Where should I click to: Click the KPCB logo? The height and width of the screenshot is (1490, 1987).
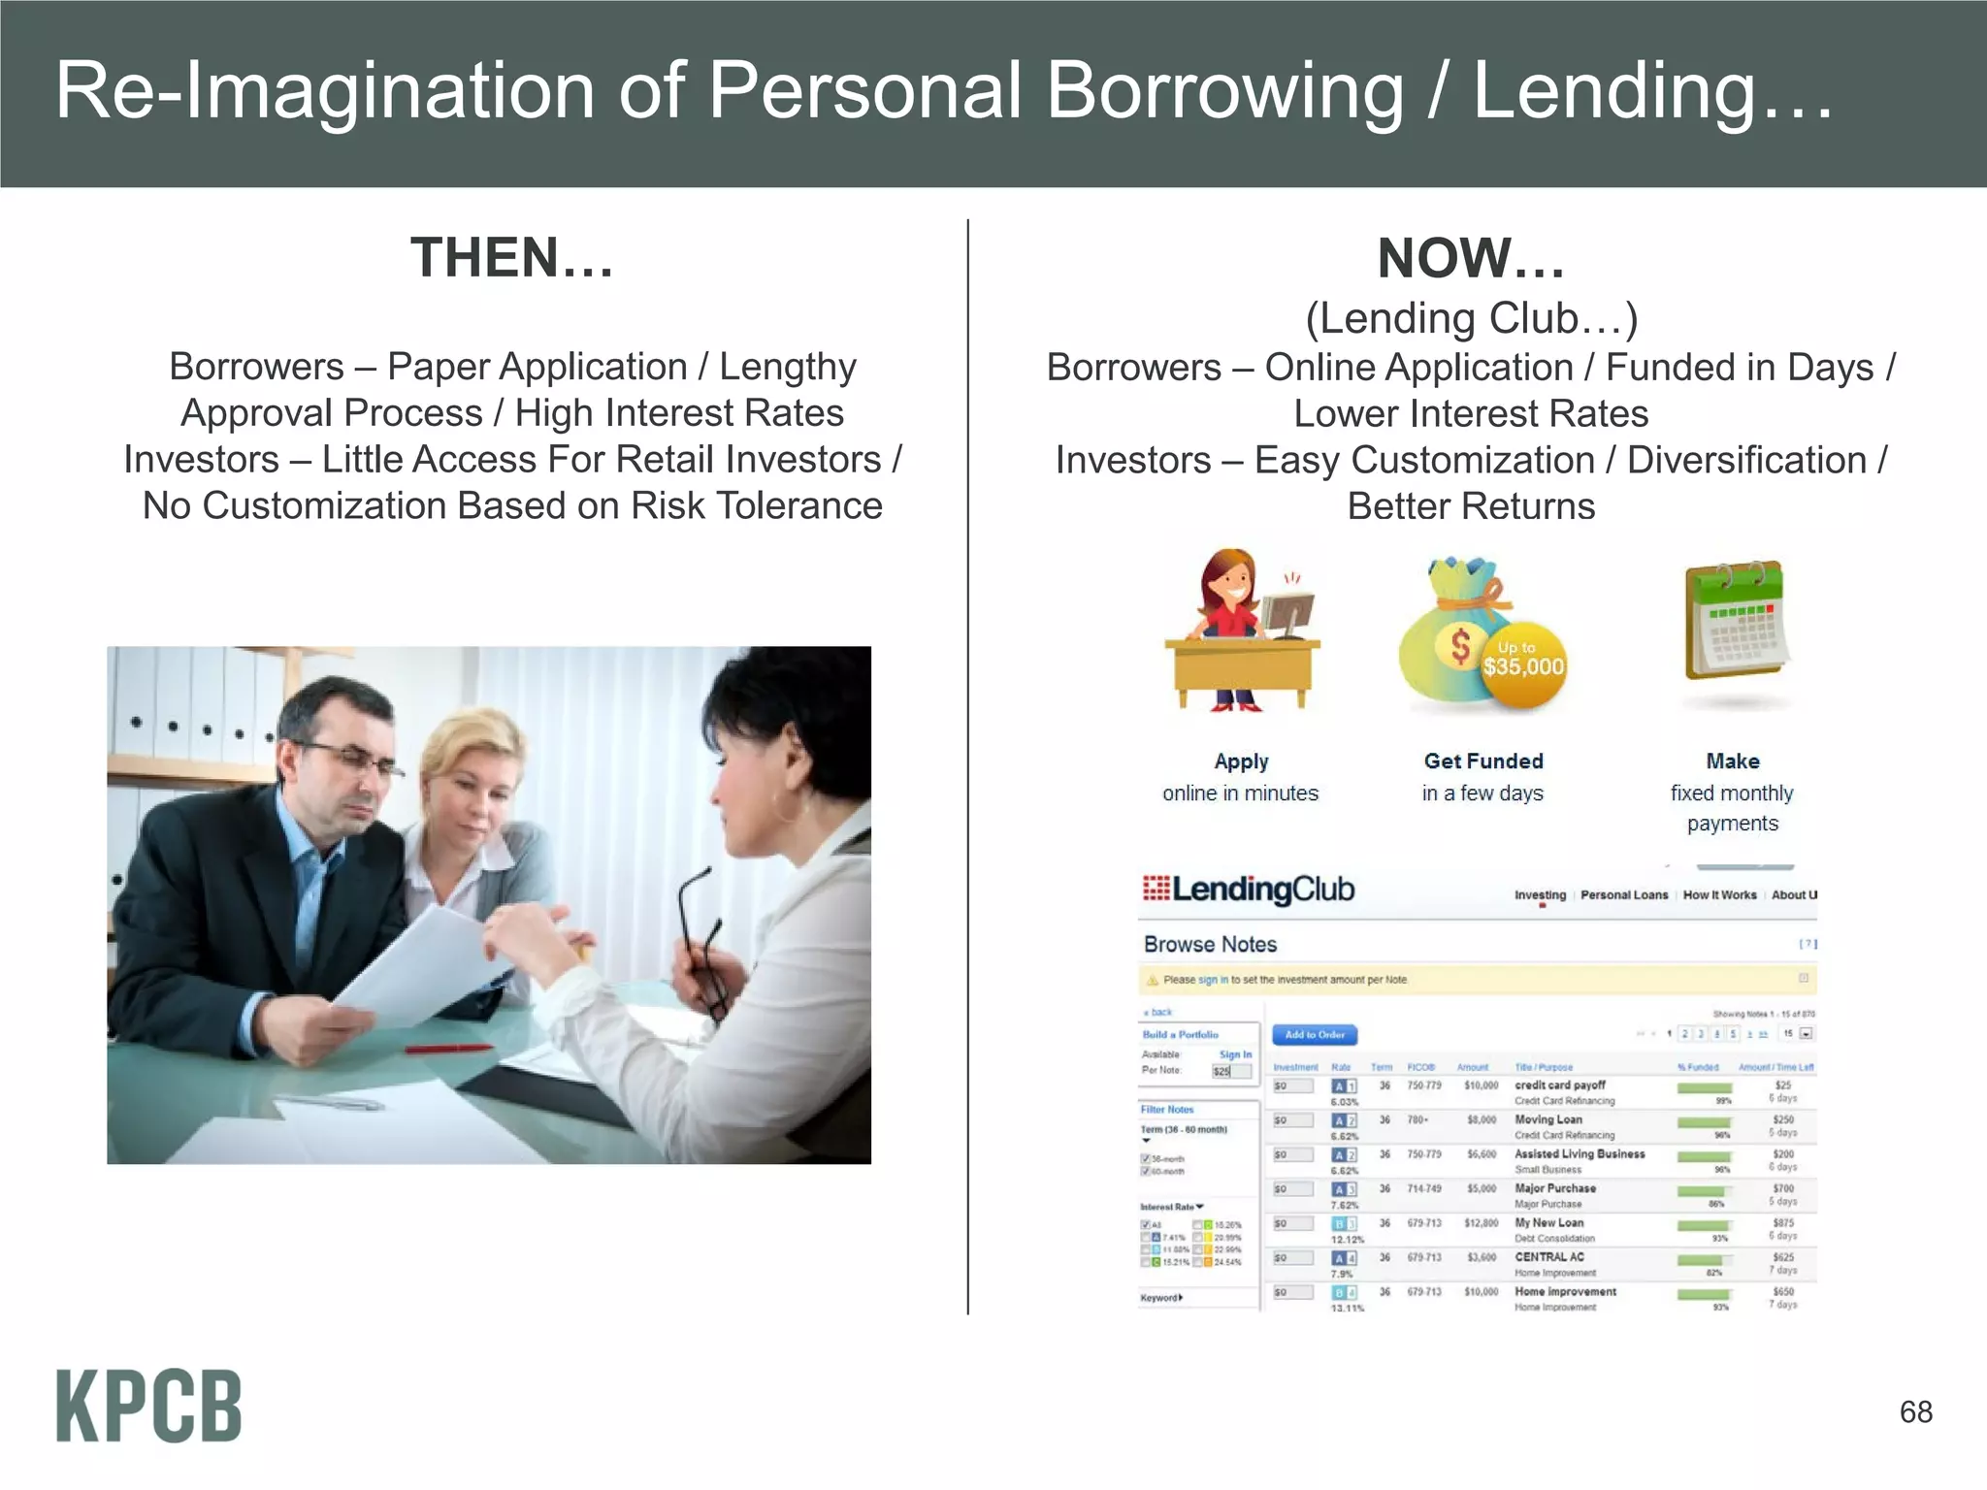148,1406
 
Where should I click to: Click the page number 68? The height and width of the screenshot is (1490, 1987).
1915,1411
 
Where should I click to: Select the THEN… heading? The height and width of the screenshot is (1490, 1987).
512,258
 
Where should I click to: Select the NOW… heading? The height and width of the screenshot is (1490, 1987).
1471,259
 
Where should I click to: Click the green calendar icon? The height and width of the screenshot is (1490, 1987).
1736,621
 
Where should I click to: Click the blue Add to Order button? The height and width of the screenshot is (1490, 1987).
1315,1035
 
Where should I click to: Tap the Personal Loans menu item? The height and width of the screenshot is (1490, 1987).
1624,894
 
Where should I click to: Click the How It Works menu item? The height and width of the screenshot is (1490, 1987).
1719,894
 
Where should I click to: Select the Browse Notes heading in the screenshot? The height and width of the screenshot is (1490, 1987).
1210,944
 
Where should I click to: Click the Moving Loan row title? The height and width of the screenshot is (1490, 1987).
1548,1119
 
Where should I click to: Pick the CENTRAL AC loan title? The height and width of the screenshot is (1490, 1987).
1549,1257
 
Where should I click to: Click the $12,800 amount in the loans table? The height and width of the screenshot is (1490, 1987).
1482,1223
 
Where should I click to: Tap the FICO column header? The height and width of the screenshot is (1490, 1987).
1420,1067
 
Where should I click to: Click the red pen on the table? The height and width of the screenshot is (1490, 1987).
448,1049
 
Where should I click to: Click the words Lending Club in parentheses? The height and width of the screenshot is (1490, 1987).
1471,318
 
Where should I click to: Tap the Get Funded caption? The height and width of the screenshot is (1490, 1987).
1483,761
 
